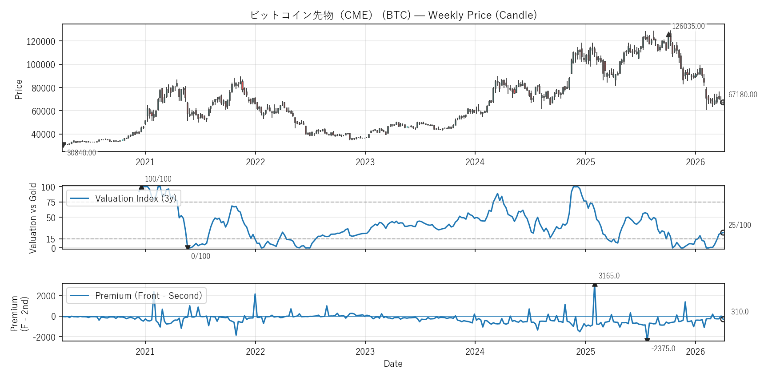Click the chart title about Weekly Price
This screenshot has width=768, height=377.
[393, 15]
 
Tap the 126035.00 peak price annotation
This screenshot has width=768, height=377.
[688, 27]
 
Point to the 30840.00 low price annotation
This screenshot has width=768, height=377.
[81, 153]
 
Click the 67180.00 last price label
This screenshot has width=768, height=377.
[742, 95]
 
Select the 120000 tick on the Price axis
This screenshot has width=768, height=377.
[41, 42]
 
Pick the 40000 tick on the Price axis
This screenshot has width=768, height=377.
[43, 135]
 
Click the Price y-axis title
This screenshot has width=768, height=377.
[19, 89]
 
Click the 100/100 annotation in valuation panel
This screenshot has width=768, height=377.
[158, 179]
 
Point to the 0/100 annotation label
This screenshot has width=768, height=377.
[200, 256]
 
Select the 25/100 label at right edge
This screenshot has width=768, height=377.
[739, 225]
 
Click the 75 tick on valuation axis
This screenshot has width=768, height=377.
[51, 202]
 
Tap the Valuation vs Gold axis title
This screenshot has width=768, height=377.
[33, 218]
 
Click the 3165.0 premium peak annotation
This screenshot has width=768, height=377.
[609, 276]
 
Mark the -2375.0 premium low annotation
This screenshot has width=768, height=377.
[663, 349]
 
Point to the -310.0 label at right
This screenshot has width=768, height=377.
[738, 312]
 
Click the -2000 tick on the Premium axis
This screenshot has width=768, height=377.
[44, 337]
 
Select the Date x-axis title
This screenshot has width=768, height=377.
[393, 364]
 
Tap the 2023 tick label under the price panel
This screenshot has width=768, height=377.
[365, 162]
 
